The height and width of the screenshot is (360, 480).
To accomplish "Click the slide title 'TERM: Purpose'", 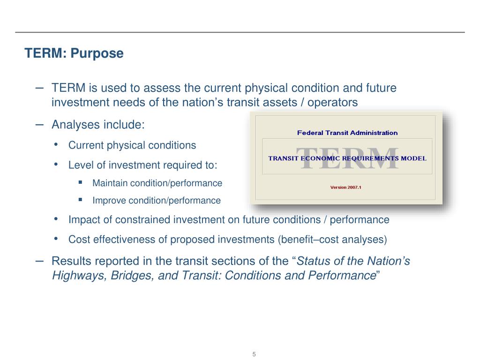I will coord(74,53).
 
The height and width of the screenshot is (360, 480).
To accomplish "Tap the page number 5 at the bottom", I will coord(254,354).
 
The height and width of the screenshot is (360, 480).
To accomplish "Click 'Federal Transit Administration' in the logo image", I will coord(347,133).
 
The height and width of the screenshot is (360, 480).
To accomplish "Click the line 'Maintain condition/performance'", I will coord(157,183).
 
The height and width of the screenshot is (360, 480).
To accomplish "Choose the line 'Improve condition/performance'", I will coord(156,201).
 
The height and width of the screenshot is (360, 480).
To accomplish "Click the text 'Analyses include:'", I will coord(98,125).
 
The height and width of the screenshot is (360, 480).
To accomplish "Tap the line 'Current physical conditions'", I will coord(132,145).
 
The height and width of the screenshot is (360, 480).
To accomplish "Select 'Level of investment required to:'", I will coord(143,165).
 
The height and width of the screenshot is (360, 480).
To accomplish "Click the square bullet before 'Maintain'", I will coord(81,182).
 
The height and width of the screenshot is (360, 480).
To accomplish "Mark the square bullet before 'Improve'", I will coord(81,200).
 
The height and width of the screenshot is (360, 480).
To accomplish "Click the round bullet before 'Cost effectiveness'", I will coord(57,239).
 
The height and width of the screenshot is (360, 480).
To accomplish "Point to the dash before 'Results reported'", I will coord(40,260).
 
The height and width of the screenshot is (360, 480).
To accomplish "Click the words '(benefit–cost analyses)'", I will coord(332,240).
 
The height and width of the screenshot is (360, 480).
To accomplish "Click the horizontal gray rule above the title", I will coord(240,32).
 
